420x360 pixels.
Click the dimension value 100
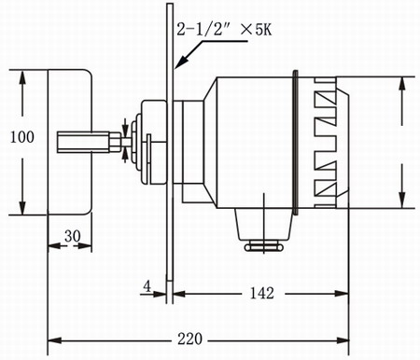(x=22, y=137)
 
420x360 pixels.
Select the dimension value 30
(x=73, y=236)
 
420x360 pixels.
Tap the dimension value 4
(x=147, y=286)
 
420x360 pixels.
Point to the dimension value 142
(x=262, y=293)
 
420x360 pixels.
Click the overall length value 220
(x=189, y=339)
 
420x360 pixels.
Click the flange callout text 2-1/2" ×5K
(x=224, y=30)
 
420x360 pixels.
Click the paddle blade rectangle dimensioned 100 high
(x=70, y=142)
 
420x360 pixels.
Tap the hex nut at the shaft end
(x=115, y=142)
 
